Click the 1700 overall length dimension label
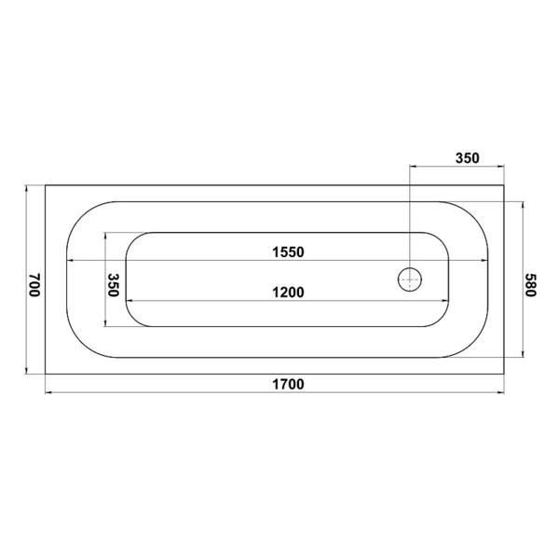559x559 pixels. tap(288, 384)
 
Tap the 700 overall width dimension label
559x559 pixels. tap(35, 285)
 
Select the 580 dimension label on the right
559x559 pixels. tap(530, 285)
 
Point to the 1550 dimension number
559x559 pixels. tap(288, 252)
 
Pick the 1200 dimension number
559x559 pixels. tap(288, 293)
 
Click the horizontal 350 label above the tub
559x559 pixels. tap(468, 158)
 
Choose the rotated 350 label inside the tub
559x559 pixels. tap(113, 285)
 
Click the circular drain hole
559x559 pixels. tap(410, 279)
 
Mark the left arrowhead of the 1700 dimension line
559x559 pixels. tap(48, 392)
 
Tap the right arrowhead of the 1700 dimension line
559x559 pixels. tap(500, 392)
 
